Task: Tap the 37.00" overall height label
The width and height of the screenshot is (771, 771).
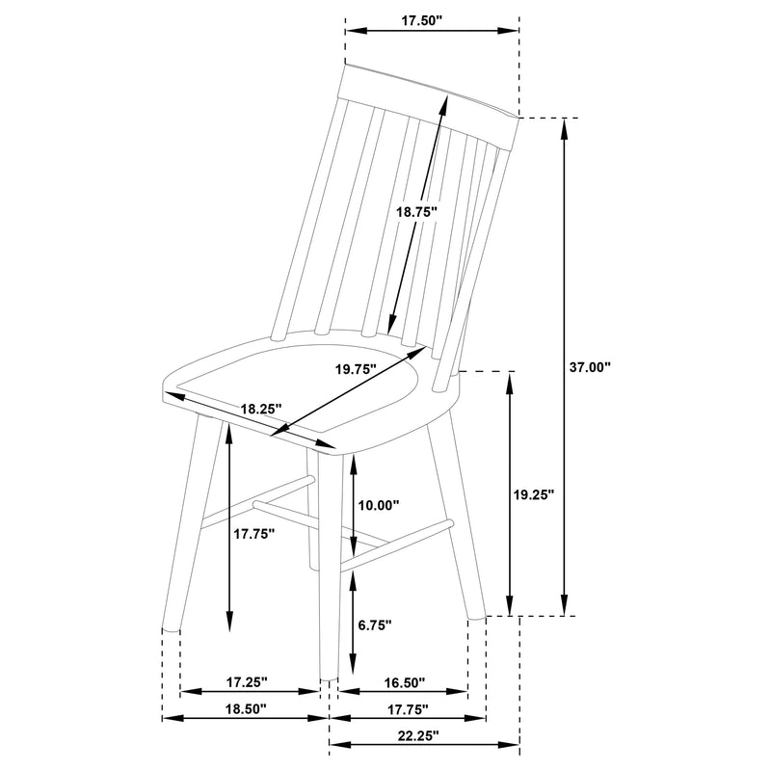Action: click(591, 367)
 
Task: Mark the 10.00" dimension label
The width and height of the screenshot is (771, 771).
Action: click(378, 505)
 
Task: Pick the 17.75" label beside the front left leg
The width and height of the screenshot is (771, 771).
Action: click(254, 532)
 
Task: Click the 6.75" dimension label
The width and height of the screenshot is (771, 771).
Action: click(375, 625)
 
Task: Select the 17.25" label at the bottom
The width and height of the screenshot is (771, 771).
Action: click(247, 681)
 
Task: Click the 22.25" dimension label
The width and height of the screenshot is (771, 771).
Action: click(417, 735)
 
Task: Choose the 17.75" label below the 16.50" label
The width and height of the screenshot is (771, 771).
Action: click(407, 708)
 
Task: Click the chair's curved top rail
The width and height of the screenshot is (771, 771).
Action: click(429, 91)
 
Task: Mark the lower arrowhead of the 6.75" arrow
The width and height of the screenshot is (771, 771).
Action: click(354, 667)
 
